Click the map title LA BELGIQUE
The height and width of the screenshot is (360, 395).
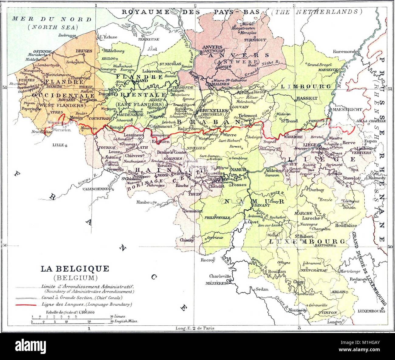tap(75, 269)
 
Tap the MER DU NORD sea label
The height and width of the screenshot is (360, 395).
tap(52, 19)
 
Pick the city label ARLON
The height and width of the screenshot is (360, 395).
tap(338, 292)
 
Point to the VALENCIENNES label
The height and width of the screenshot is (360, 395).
tap(95, 188)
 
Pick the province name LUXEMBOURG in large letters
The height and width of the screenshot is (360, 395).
tap(307, 242)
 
